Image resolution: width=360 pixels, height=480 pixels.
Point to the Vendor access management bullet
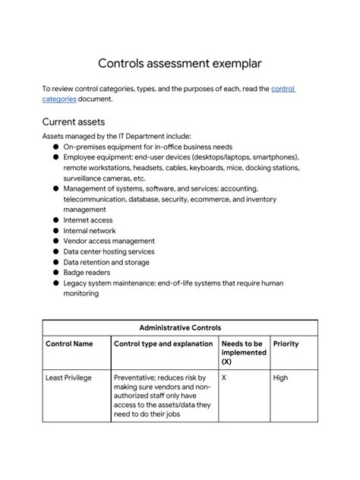(109, 241)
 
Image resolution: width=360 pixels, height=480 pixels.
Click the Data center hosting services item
(109, 251)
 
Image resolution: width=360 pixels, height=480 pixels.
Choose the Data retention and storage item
(106, 262)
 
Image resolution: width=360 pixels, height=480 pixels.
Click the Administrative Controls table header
(180, 327)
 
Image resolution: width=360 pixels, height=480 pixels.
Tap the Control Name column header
(69, 344)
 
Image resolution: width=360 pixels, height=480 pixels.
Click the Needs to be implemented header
(243, 352)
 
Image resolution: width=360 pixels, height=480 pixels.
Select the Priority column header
(286, 344)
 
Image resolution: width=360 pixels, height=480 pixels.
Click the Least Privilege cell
(69, 377)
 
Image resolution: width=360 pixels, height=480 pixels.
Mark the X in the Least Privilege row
(225, 377)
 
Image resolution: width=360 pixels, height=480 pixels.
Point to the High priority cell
(280, 377)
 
